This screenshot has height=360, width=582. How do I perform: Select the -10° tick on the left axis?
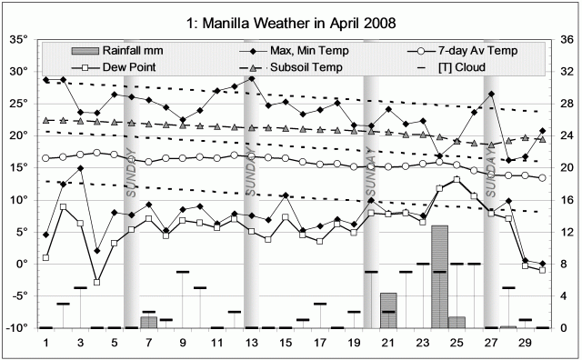point(20,328)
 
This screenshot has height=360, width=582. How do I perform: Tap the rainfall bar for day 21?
point(388,310)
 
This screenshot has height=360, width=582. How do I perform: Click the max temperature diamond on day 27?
point(491,94)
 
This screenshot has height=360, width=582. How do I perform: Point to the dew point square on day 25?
point(457,180)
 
